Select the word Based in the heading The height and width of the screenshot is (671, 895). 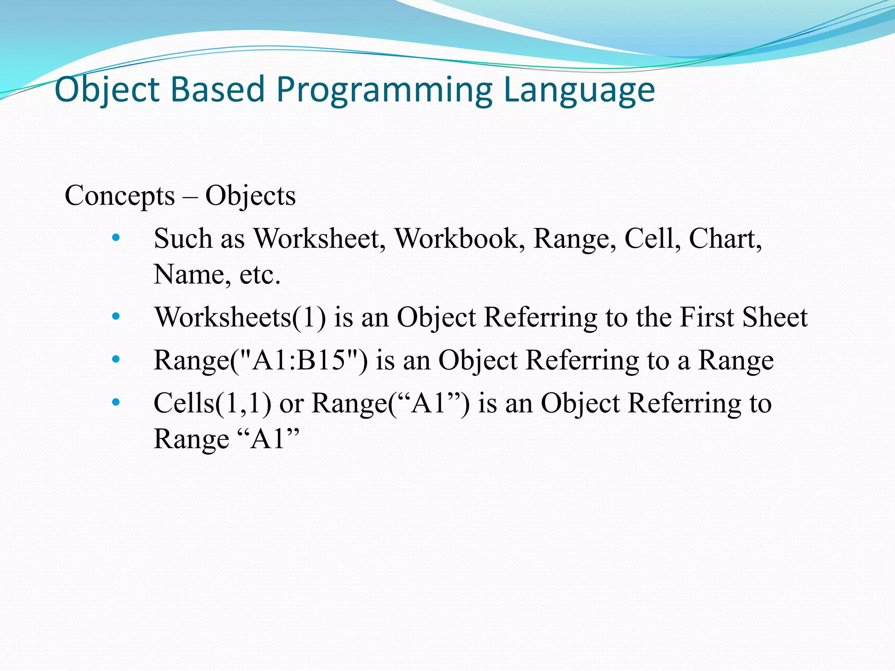[217, 90]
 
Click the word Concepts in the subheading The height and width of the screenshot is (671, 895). [120, 196]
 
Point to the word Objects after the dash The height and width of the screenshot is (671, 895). [250, 196]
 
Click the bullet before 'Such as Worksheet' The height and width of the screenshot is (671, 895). [115, 238]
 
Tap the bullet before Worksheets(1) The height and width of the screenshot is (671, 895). [115, 316]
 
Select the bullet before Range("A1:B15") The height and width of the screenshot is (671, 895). [115, 359]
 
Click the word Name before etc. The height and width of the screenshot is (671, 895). [189, 275]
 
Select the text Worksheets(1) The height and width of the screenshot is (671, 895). [240, 317]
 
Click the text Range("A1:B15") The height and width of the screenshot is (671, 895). [260, 360]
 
